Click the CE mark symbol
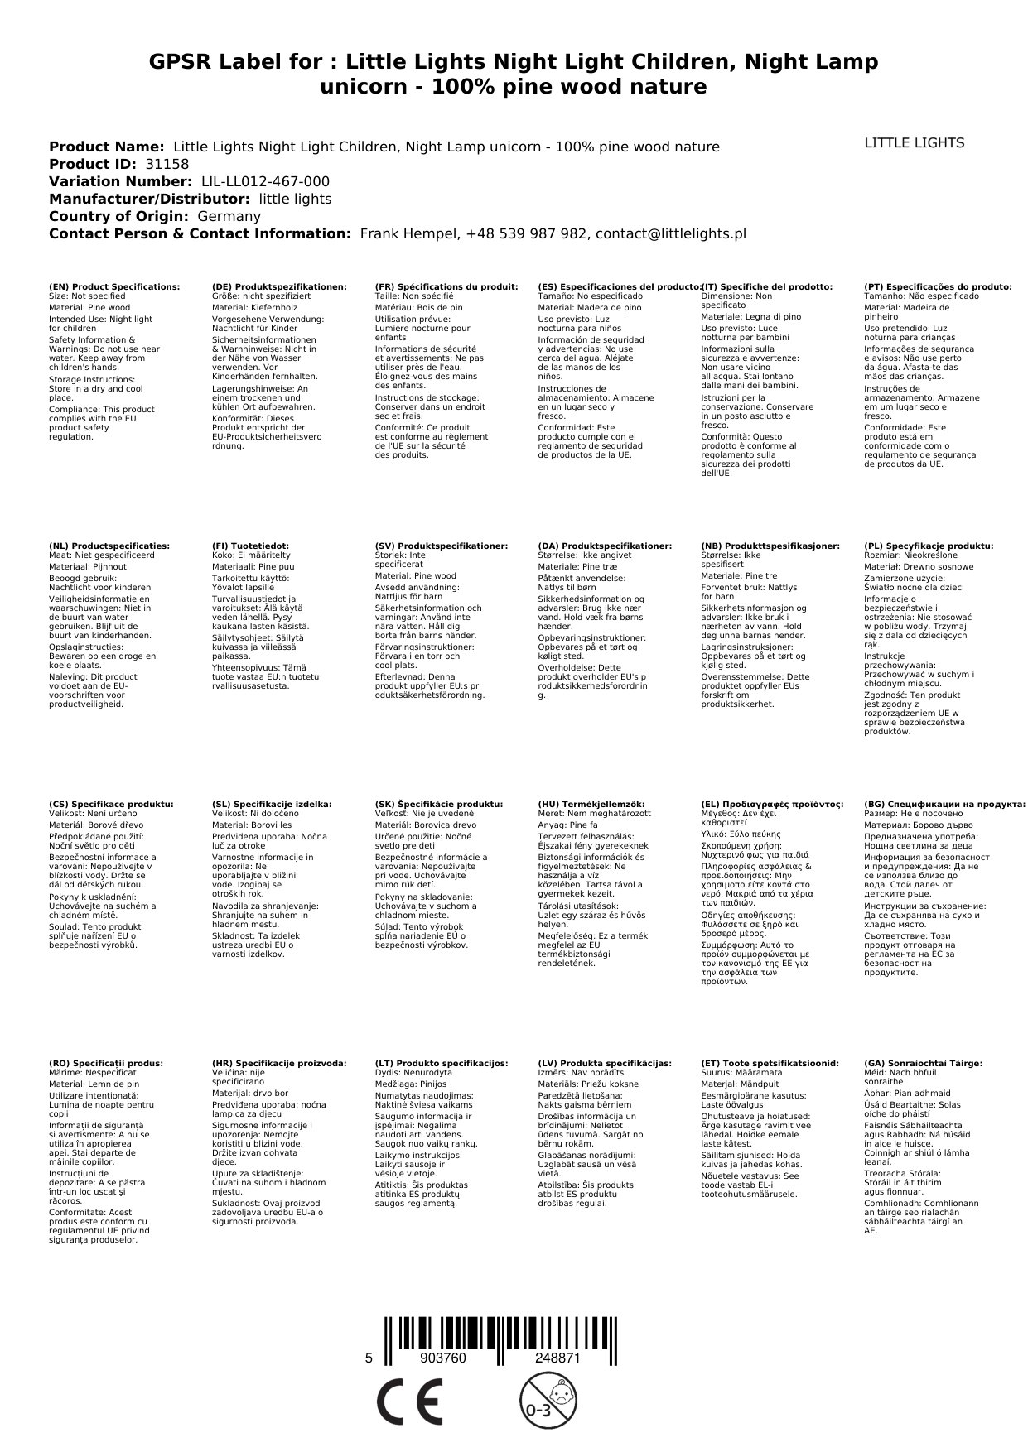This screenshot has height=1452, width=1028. tap(408, 1401)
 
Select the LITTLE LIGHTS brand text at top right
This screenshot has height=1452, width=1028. tap(914, 143)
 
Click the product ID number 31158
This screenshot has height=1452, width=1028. tap(167, 164)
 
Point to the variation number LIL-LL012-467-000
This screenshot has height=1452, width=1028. tap(265, 181)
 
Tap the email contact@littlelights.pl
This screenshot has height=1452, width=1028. tap(671, 233)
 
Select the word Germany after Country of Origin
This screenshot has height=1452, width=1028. tap(229, 216)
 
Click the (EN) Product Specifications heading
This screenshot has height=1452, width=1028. tap(114, 286)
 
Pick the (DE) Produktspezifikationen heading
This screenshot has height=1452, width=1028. tap(279, 286)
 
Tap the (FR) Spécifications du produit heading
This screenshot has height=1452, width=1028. tap(446, 286)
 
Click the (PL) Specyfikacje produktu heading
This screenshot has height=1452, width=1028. tap(928, 546)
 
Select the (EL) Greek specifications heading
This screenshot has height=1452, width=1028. tap(772, 804)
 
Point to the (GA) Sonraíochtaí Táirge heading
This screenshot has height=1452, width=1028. tap(923, 1063)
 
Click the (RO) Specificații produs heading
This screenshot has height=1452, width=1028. tap(106, 1063)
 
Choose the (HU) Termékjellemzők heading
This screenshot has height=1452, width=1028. tap(591, 804)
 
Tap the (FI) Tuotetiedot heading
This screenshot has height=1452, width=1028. tap(250, 546)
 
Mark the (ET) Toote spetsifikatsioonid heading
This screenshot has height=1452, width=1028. tap(770, 1063)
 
